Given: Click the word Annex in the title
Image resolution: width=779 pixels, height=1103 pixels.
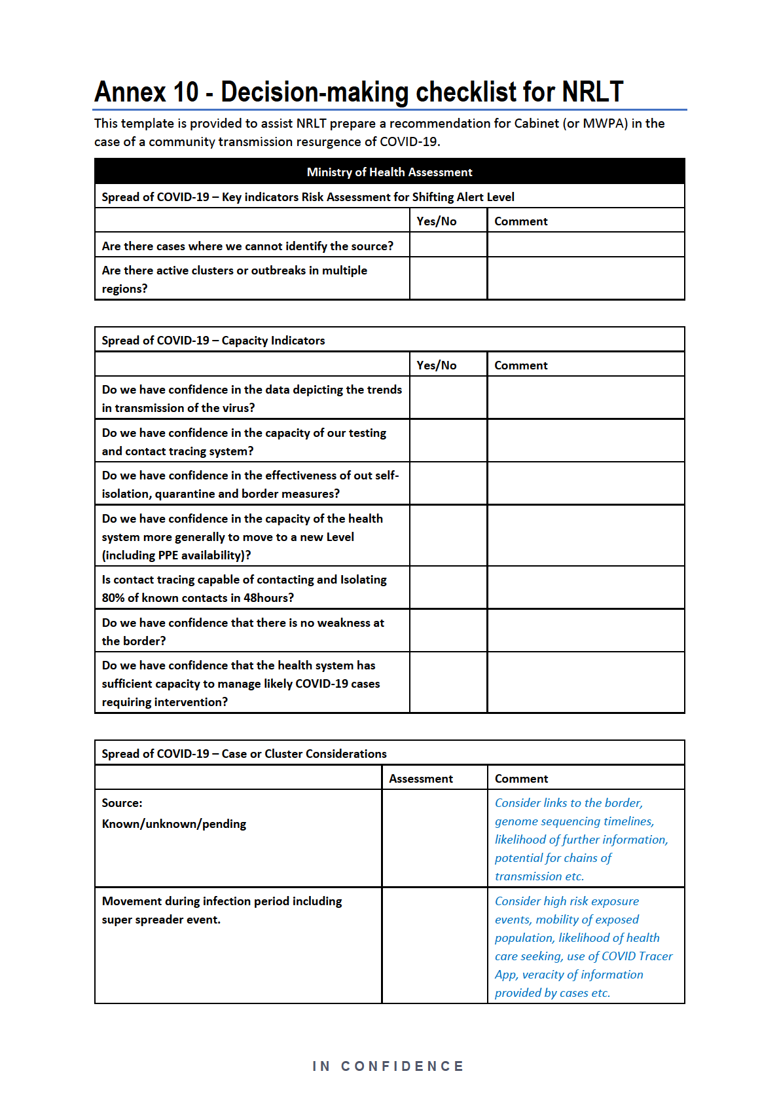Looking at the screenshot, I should pos(130,92).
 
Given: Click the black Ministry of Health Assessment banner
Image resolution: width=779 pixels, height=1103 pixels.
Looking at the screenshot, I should pos(389,172).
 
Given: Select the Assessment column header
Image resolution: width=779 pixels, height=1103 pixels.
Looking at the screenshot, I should pos(420,778).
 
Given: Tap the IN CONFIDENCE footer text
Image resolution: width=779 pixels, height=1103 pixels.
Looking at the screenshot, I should pos(388,1066).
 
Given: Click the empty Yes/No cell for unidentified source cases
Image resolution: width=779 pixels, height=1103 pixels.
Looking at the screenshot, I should pos(448,246).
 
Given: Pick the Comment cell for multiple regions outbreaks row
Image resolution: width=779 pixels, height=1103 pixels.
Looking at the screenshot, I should pos(586,279).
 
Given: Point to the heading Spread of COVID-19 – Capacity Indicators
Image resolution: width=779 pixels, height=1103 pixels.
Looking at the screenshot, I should pos(213,340).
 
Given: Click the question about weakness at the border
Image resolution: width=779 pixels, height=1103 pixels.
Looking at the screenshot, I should pos(243,631).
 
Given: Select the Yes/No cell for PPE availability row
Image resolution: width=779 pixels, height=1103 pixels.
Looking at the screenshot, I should pos(448,536).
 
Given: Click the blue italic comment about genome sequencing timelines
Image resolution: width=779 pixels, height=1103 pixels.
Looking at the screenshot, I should pos(574,821).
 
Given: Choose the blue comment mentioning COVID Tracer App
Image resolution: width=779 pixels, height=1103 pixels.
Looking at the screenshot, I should pos(583,956).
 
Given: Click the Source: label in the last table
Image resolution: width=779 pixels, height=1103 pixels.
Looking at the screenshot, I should pos(122,802).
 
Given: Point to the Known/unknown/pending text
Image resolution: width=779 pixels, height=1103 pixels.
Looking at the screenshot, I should pos(174,823).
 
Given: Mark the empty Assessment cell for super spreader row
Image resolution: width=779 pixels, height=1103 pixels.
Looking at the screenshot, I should pos(434,945).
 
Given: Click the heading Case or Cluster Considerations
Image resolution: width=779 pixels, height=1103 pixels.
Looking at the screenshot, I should pos(304,753).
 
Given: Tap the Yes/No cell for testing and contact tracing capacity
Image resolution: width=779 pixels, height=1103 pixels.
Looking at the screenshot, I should pos(448,441).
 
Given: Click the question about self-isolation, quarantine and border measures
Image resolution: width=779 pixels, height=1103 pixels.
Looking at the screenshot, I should pos(250,484).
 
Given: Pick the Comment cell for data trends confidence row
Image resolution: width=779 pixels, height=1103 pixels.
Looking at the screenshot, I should pos(586,398).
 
